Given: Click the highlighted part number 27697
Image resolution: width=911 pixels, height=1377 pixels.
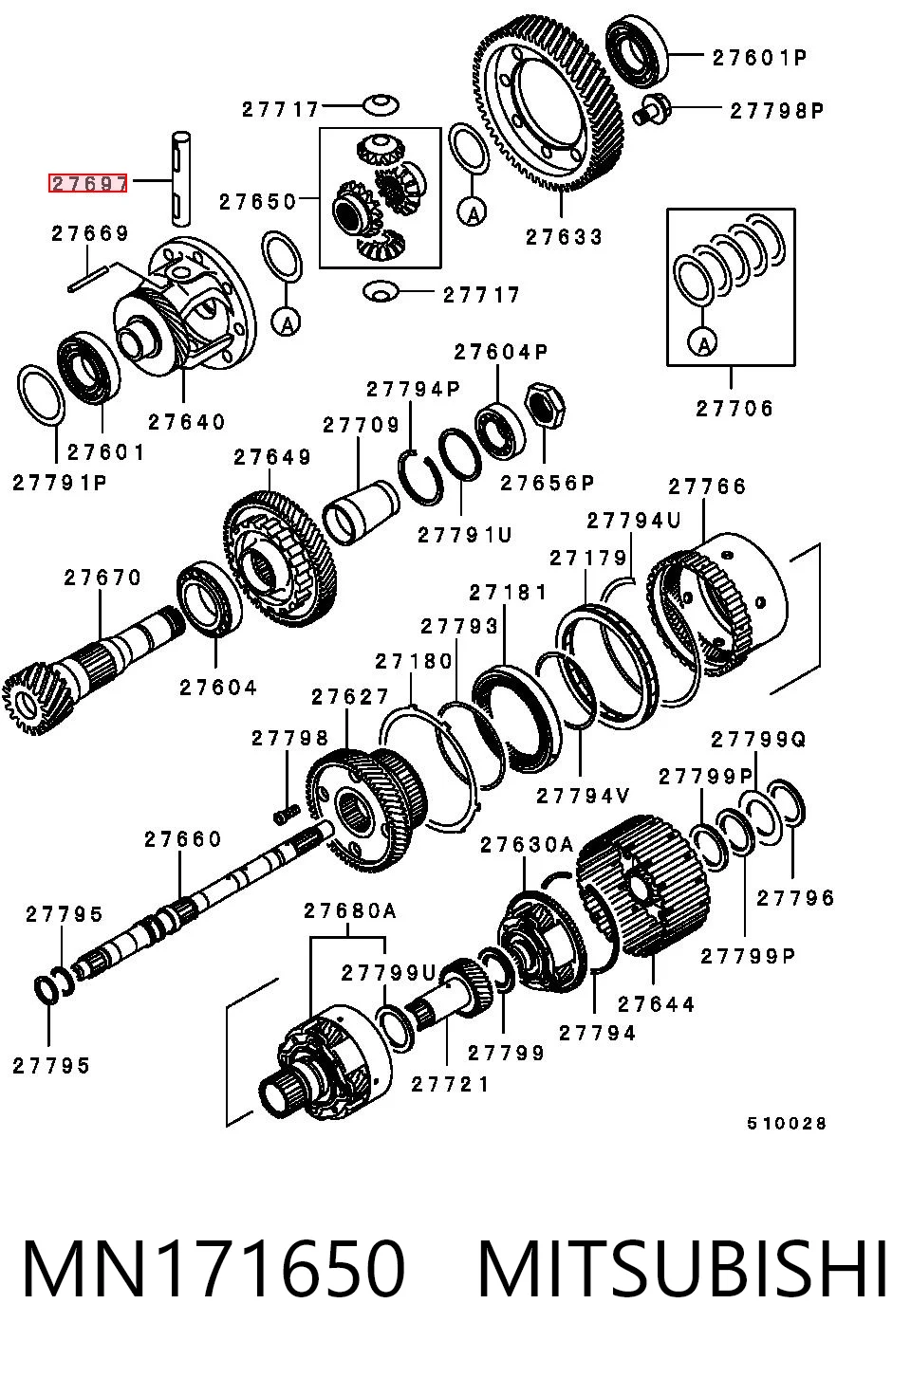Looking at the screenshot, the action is tap(88, 183).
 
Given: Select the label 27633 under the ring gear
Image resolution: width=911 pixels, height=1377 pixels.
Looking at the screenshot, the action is tap(564, 237).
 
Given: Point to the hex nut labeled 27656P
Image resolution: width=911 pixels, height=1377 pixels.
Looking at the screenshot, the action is tap(545, 405).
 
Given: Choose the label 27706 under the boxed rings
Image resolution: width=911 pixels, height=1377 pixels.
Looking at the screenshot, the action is tap(734, 409).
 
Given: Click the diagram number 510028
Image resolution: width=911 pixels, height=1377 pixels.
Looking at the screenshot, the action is tap(786, 1124).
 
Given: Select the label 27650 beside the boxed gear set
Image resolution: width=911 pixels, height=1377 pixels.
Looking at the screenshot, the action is tap(258, 202).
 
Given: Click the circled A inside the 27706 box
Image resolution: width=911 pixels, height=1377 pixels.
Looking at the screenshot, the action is tap(704, 341).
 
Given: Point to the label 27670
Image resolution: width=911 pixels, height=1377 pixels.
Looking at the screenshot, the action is tap(102, 578).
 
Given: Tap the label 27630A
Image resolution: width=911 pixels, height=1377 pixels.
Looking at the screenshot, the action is tap(527, 845).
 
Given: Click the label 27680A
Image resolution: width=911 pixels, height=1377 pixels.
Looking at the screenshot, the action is tap(350, 911).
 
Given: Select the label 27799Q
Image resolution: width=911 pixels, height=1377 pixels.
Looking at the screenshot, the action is tap(758, 740).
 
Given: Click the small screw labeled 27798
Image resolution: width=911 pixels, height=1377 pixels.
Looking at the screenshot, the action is tap(286, 814).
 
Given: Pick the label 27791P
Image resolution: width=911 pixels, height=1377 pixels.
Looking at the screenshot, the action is tap(60, 483).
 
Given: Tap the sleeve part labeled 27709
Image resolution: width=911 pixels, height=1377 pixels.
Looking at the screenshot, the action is tap(361, 511).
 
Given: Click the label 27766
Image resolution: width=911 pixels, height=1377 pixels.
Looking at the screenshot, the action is tap(707, 487).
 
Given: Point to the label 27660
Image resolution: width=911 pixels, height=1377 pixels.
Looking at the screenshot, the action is tap(183, 839).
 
